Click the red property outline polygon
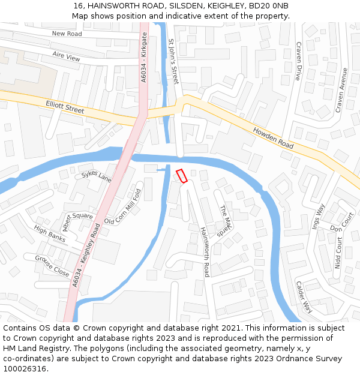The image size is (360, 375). coord(181,176)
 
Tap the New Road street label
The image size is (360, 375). coord(67,34)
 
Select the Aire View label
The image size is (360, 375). coord(66,57)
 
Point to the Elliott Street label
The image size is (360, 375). coord(65,109)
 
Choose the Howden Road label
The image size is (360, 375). coord(272,139)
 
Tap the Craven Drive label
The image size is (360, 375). coord(298,61)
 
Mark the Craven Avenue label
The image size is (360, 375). coord(341,90)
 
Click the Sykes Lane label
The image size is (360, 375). coord(97,178)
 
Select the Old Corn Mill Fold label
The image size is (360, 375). coord(122,207)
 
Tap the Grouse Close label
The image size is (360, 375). coord(52,265)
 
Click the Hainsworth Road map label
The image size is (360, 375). coord(204,251)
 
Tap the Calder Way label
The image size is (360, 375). coord(304,297)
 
